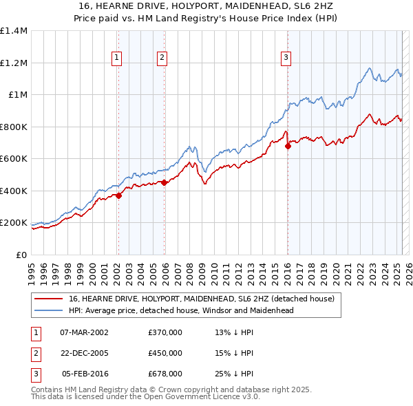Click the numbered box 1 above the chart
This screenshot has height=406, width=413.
tap(118, 58)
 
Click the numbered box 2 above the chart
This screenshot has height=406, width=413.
tap(162, 58)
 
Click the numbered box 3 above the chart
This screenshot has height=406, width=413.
tap(285, 58)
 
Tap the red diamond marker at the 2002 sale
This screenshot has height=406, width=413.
tap(118, 195)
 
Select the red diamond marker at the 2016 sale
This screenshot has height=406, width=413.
tap(288, 146)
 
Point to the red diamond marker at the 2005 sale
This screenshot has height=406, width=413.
tap(164, 182)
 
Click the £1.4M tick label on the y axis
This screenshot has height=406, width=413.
tap(14, 31)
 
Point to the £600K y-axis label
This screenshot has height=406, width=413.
tap(14, 159)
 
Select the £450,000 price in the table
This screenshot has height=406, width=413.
tap(165, 353)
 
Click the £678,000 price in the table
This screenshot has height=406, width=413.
tap(165, 374)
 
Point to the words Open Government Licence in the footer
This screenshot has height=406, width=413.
tap(196, 397)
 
